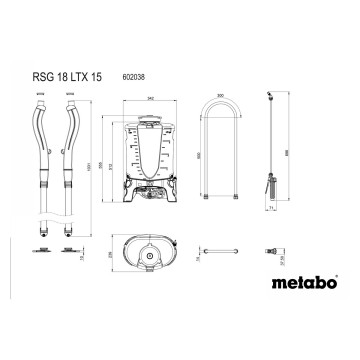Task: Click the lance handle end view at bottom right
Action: coord(270,251)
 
